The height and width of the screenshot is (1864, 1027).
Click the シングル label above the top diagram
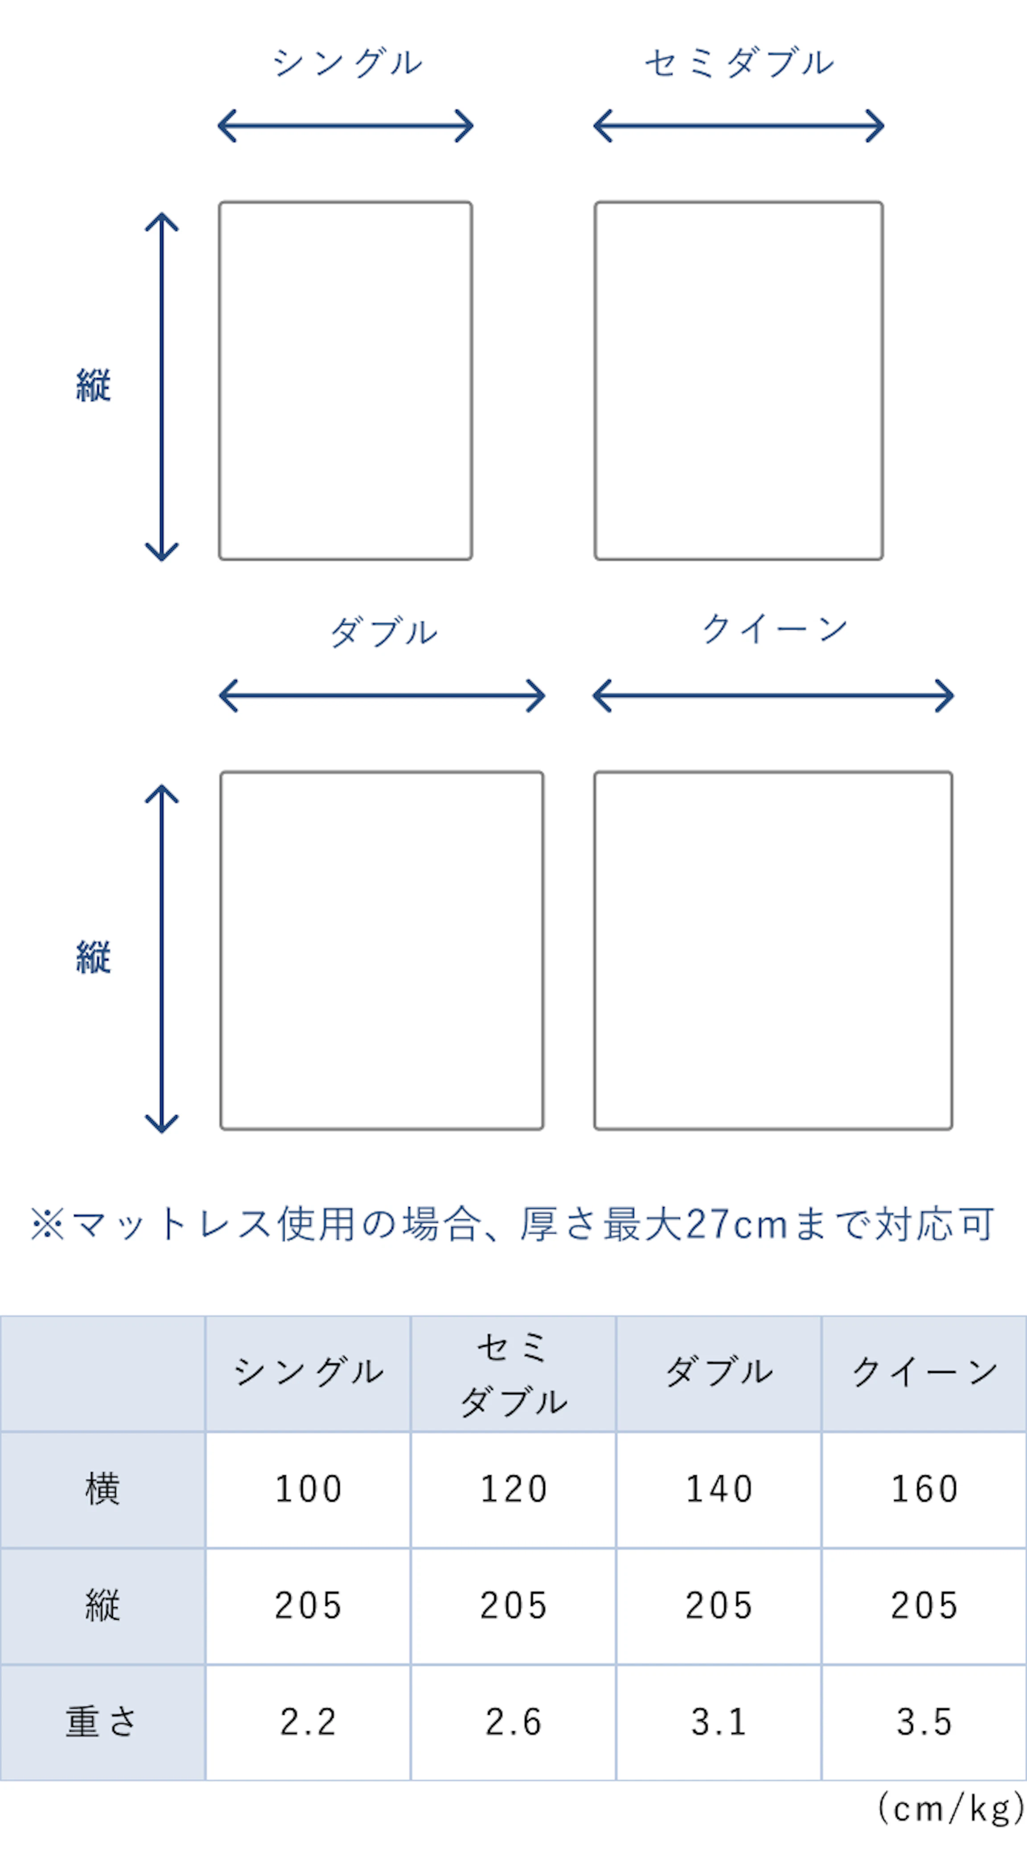click(x=347, y=63)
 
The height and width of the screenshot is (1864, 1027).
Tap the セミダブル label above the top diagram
click(x=739, y=63)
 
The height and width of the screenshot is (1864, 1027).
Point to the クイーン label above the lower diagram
click(x=774, y=628)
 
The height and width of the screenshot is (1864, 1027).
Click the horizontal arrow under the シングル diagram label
click(x=346, y=126)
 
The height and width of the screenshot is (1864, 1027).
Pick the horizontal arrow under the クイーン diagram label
click(x=773, y=695)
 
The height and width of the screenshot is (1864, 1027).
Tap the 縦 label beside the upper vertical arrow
click(x=93, y=385)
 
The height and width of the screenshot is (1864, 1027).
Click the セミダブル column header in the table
click(x=513, y=1373)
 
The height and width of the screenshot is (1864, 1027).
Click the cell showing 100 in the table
click(x=308, y=1489)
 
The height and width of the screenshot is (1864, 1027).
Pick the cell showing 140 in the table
click(x=719, y=1489)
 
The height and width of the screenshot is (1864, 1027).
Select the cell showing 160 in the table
click(x=924, y=1489)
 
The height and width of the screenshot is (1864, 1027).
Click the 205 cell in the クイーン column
click(x=924, y=1605)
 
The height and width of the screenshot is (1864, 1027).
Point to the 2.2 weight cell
click(x=308, y=1722)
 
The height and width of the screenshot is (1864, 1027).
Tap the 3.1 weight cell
click(x=719, y=1722)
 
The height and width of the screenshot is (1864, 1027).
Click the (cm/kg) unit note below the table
click(x=951, y=1809)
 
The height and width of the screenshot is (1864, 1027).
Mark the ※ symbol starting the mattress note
click(x=47, y=1225)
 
